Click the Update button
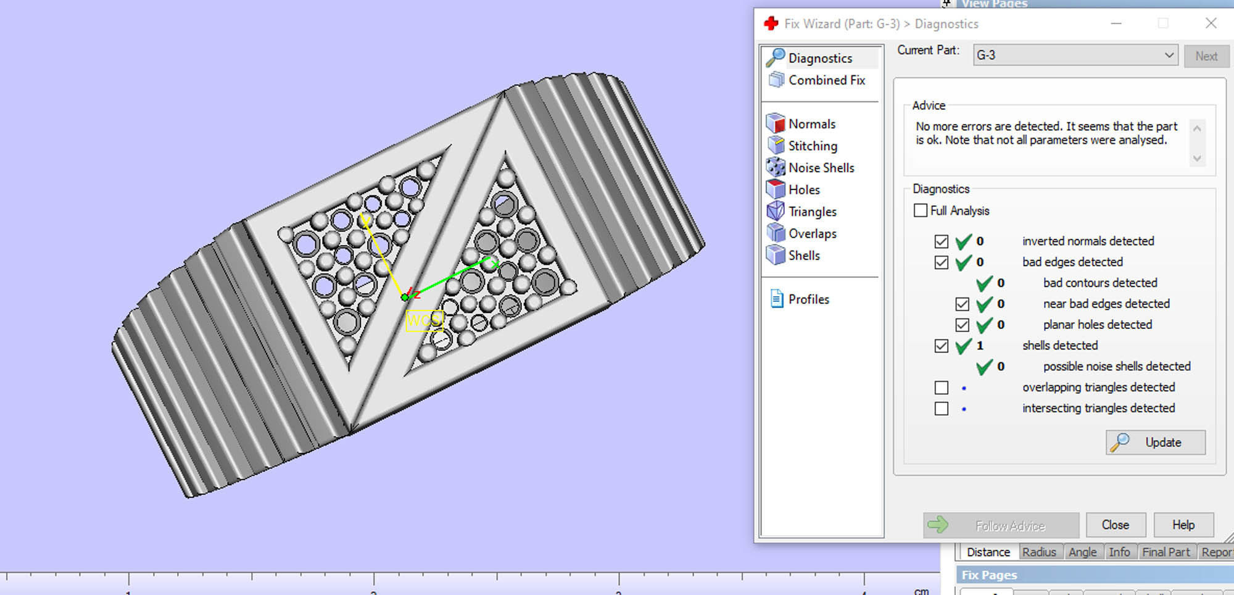[1156, 443]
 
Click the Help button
[1183, 525]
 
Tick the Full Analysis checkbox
[921, 210]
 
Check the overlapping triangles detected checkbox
[942, 388]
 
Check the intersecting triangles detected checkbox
[942, 409]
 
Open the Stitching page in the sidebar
[812, 146]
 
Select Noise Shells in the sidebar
[821, 168]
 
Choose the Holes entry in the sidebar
[803, 189]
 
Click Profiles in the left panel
[808, 299]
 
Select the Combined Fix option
[826, 80]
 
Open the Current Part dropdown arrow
[1169, 55]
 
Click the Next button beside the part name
[1206, 56]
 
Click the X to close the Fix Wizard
[1211, 23]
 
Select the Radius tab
[1039, 552]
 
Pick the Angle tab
[1082, 552]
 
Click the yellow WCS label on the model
[424, 320]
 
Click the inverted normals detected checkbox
[942, 241]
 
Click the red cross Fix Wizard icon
[771, 23]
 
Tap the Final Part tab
[1166, 552]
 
